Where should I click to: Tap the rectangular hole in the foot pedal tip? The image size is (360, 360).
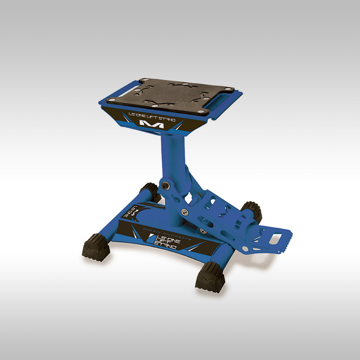(x=275, y=238)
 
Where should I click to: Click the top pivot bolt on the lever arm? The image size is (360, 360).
(x=164, y=186)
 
